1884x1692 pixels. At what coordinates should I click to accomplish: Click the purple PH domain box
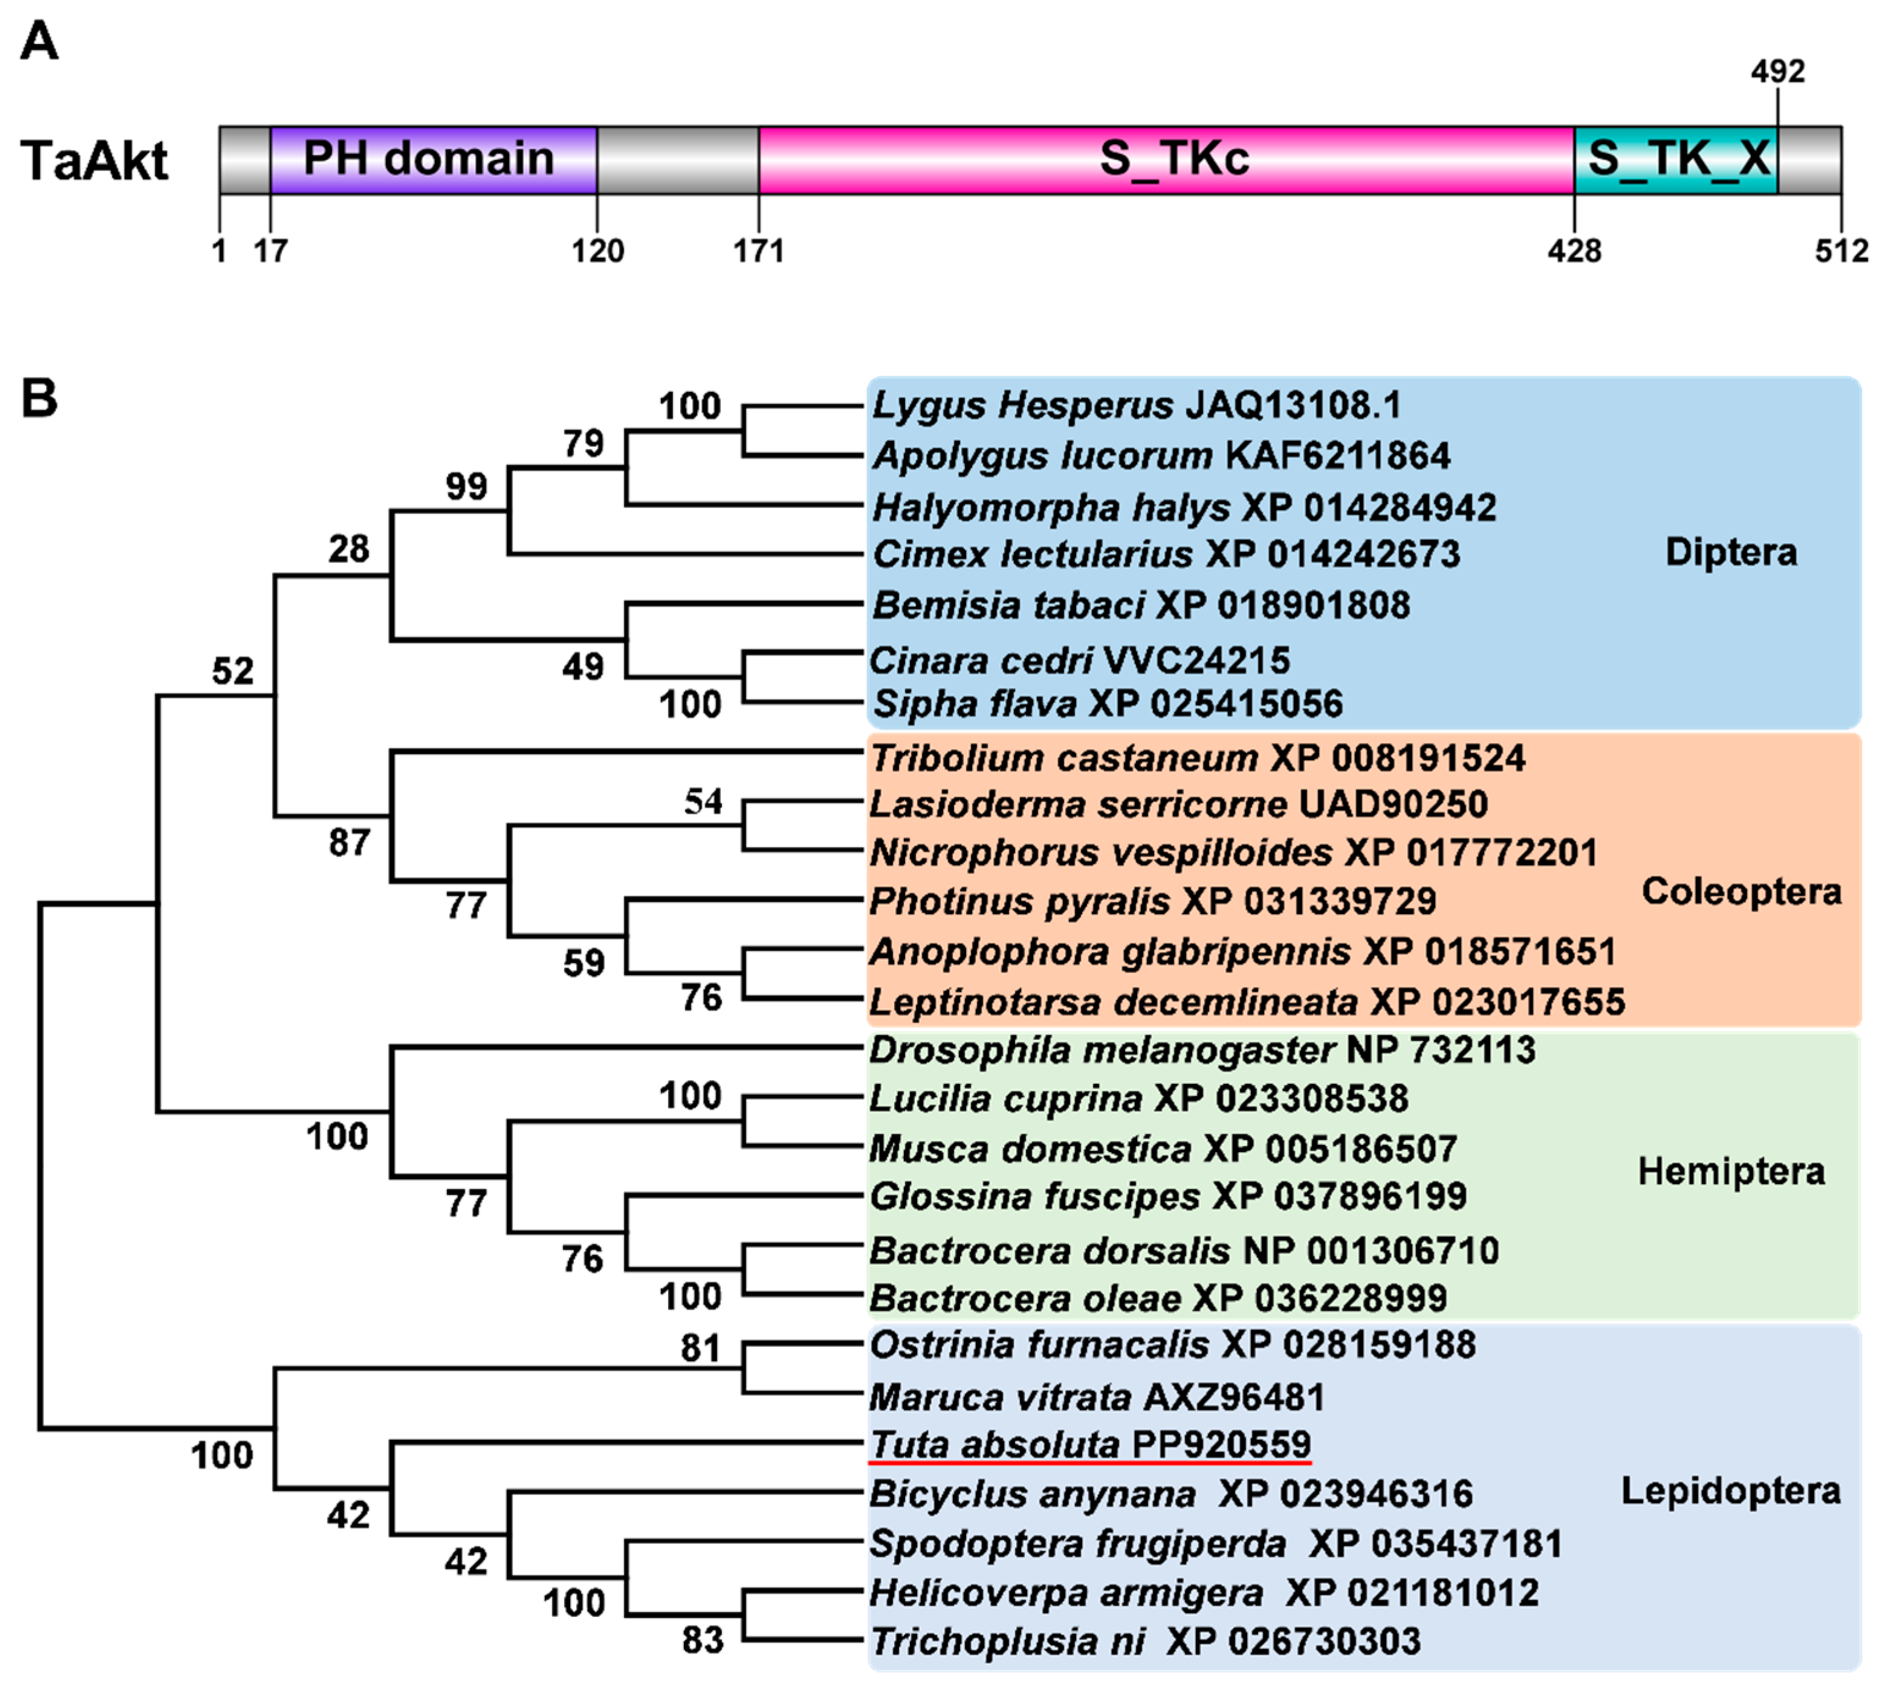(x=432, y=160)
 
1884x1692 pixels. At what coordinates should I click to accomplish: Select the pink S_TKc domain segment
(x=1166, y=160)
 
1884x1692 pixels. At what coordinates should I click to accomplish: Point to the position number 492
(x=1777, y=71)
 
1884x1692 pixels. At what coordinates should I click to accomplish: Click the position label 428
(x=1574, y=251)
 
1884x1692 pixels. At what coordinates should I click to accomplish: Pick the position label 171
(x=759, y=251)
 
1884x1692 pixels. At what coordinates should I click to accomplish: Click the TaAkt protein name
(x=95, y=161)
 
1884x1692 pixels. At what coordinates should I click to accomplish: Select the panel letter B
(x=39, y=399)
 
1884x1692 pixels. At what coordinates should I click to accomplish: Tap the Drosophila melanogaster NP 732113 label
(x=1201, y=1050)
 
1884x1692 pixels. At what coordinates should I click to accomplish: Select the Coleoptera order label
(x=1741, y=891)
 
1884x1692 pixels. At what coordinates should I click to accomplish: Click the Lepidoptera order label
(x=1729, y=1491)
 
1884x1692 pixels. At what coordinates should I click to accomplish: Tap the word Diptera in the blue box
(x=1731, y=552)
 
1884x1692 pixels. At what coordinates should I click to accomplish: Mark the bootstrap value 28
(x=349, y=550)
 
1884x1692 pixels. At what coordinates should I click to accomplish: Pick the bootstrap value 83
(x=702, y=1641)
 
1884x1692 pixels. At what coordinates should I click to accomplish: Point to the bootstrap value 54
(x=703, y=801)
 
